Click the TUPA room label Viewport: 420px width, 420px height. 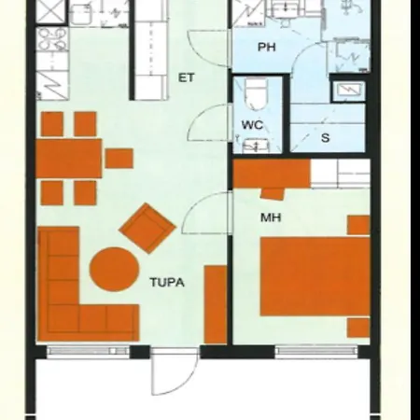point(167,283)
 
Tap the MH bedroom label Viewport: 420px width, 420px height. point(271,217)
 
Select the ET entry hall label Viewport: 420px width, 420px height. point(187,77)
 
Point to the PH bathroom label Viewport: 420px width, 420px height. point(267,48)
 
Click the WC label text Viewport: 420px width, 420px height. point(252,125)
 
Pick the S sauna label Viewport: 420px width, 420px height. point(326,137)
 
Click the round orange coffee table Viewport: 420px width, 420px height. point(114,269)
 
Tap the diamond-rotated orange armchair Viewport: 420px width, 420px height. point(147,228)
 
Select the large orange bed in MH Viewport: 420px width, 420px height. point(315,276)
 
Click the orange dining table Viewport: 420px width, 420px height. point(69,159)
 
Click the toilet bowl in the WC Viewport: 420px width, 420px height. point(256,93)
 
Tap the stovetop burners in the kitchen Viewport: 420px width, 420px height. point(52,39)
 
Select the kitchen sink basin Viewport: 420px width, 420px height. point(81,15)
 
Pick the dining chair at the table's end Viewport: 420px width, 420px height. point(119,158)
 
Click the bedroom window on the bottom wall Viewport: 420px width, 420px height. point(316,351)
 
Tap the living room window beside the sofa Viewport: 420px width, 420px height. point(88,351)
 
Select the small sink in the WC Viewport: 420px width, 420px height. point(255,146)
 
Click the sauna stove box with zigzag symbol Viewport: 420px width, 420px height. point(348,90)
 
